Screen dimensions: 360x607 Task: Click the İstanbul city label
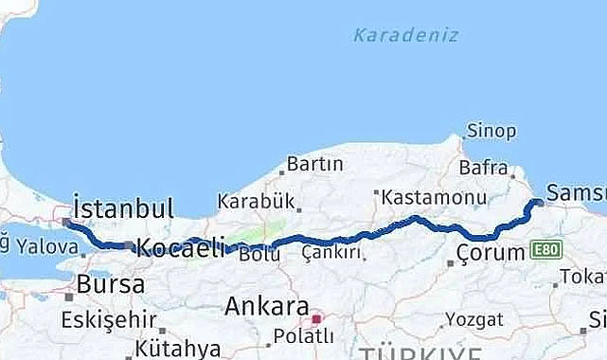(x=123, y=208)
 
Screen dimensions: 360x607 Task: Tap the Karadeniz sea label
(x=405, y=35)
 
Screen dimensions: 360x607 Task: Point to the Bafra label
(x=483, y=169)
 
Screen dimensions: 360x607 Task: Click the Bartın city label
(x=314, y=164)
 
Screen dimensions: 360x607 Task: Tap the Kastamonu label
(x=434, y=198)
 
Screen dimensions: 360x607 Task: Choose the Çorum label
(x=490, y=253)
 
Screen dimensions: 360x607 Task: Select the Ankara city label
(x=266, y=306)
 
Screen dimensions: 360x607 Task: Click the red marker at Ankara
(x=318, y=319)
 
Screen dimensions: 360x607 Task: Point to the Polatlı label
(x=302, y=336)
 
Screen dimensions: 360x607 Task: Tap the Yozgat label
(x=473, y=318)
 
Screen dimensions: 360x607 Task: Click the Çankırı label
(x=332, y=253)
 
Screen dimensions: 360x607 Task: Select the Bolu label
(x=259, y=254)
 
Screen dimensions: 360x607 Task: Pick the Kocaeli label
(x=181, y=248)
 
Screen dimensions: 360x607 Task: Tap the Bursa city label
(x=111, y=283)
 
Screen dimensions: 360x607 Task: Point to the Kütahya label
(x=176, y=348)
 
